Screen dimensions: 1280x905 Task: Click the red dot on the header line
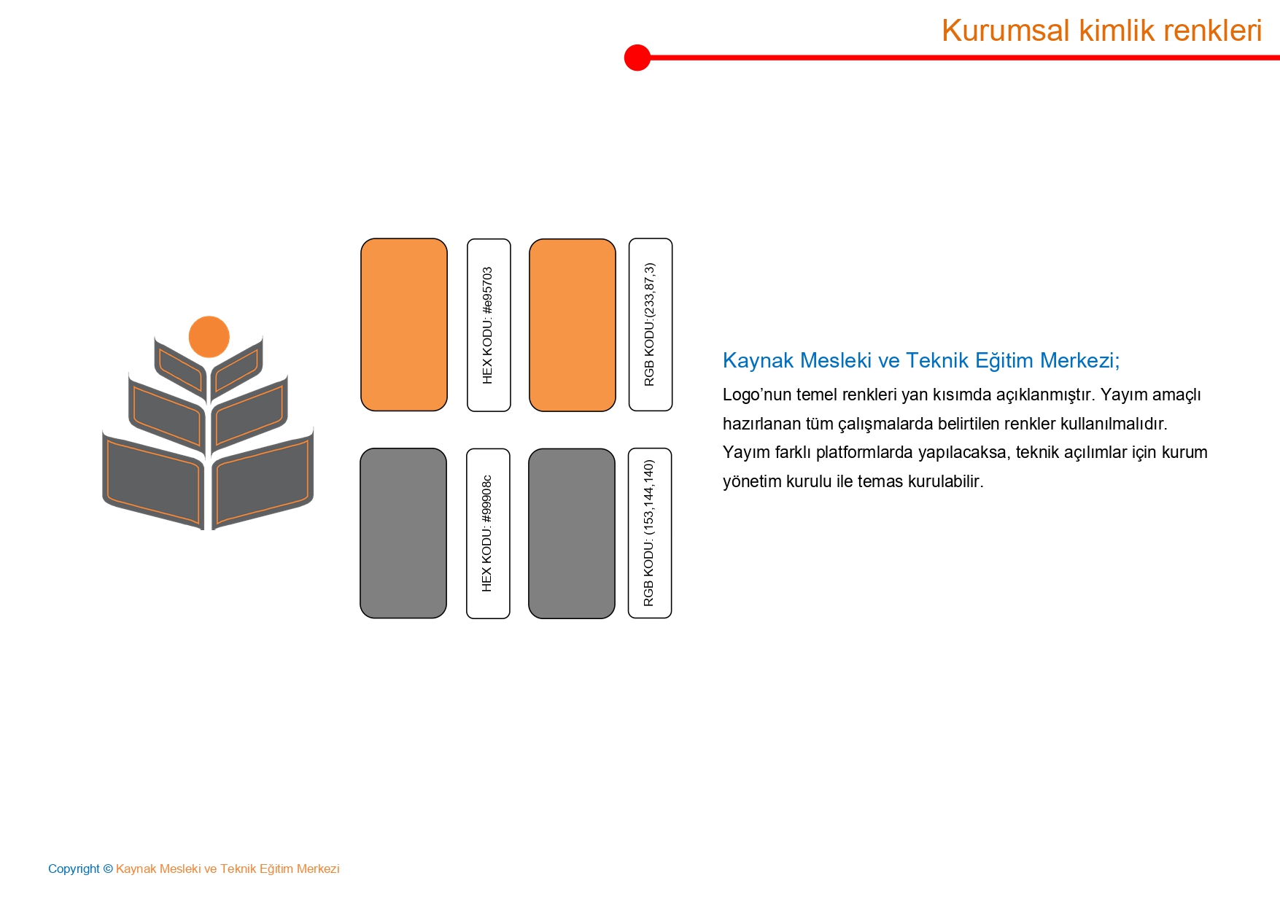tap(637, 58)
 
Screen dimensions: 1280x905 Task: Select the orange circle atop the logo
tap(209, 337)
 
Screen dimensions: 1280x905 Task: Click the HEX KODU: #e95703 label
tap(489, 325)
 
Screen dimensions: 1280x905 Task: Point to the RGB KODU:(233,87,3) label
tap(651, 325)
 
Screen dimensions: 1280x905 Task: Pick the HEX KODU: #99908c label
tap(488, 533)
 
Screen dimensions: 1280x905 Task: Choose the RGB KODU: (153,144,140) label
tap(650, 533)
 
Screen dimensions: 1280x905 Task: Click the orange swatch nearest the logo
tap(404, 325)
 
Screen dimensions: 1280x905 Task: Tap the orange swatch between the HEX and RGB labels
tap(573, 325)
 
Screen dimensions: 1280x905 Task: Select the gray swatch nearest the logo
tap(403, 533)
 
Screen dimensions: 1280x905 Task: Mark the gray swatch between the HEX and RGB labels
tap(572, 534)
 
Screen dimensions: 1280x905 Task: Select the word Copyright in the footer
tap(74, 869)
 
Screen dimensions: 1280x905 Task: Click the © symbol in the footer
tap(108, 869)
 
